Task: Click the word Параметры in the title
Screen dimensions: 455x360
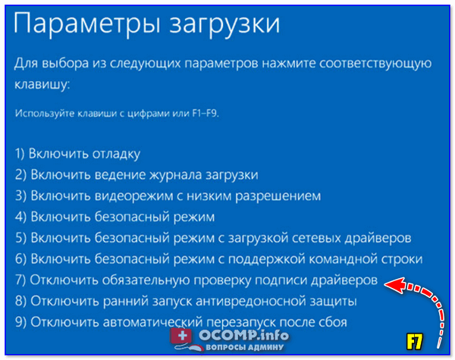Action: pos(86,24)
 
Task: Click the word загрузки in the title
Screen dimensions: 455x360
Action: pos(224,26)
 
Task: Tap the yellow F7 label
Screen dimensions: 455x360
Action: pos(414,342)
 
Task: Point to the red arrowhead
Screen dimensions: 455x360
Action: pos(395,284)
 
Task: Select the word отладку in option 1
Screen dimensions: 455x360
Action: pos(116,154)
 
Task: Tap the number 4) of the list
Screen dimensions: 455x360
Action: pos(20,217)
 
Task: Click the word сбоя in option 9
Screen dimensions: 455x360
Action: pos(333,322)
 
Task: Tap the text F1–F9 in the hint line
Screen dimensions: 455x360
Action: pos(206,113)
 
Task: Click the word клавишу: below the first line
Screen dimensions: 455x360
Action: pos(42,85)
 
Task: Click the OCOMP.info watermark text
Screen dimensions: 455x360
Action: pos(243,336)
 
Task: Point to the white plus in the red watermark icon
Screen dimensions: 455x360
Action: pos(183,336)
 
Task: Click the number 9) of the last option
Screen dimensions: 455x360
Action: pos(20,322)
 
